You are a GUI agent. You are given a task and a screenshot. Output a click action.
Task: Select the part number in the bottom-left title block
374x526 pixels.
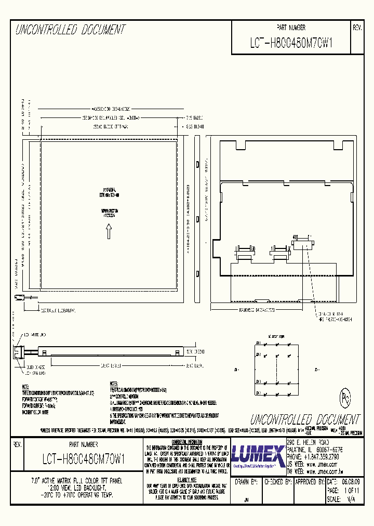point(83,459)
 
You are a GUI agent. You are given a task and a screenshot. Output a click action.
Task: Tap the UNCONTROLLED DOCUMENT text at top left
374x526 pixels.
point(70,30)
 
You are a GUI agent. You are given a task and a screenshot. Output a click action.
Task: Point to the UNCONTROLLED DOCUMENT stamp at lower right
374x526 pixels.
point(304,419)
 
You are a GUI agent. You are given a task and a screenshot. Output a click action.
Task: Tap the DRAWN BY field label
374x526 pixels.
point(246,482)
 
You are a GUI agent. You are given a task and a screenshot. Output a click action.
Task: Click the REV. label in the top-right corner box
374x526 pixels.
point(356,28)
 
